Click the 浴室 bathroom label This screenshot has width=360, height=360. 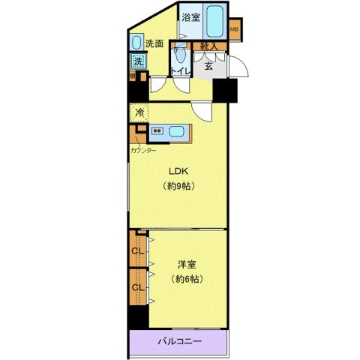[191, 17]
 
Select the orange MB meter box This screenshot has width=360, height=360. [234, 30]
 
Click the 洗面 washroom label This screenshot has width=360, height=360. [154, 43]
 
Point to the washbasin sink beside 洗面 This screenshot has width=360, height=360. [136, 42]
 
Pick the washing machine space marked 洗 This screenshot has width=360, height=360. [138, 61]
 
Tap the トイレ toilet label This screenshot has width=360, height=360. [180, 72]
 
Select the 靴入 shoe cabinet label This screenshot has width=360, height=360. [208, 47]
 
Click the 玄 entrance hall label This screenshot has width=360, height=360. [208, 64]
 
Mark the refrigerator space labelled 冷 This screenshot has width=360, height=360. [139, 113]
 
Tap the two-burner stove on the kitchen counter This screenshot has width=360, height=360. [158, 132]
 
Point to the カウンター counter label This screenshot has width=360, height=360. [143, 150]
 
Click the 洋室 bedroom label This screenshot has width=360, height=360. [187, 264]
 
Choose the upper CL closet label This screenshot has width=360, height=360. [138, 251]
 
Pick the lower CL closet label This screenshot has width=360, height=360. [138, 287]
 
